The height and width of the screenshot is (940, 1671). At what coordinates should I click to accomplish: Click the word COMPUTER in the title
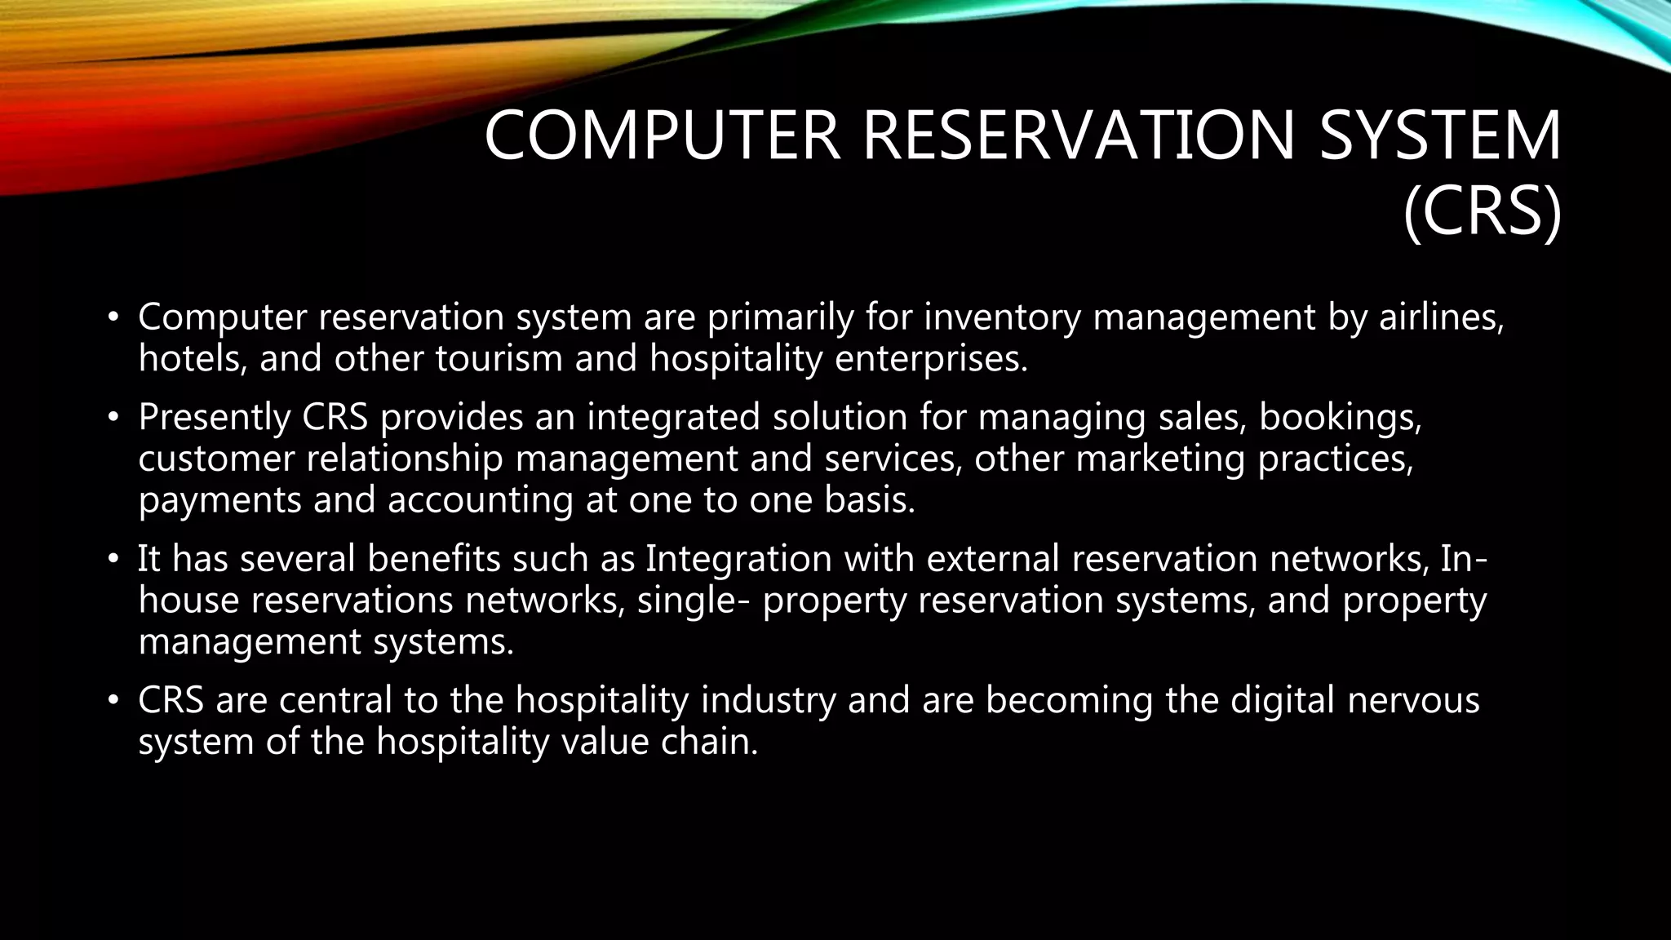(x=663, y=135)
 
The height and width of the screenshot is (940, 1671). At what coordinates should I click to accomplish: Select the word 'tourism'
(x=499, y=359)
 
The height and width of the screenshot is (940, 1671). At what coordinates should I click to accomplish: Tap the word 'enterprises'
(x=931, y=359)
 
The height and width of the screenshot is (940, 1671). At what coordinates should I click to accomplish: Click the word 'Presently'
(x=215, y=417)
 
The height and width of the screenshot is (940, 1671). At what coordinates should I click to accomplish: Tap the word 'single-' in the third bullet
(x=694, y=601)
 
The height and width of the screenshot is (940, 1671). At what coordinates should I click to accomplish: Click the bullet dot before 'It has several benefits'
(x=113, y=560)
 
